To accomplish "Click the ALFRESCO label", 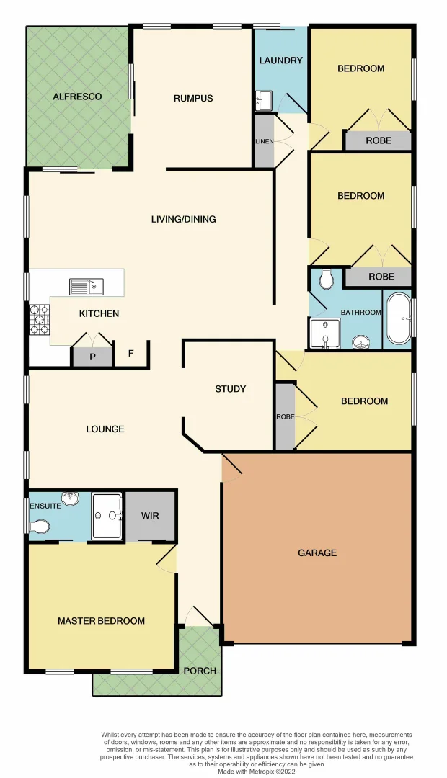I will click(x=77, y=97).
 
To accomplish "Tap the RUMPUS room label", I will click(x=193, y=98).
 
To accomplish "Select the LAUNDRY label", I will click(x=280, y=61).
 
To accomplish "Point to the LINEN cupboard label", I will click(x=264, y=141).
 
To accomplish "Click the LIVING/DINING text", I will click(x=183, y=219).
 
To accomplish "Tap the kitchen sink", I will click(x=87, y=287).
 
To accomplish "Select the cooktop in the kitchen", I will click(x=39, y=319).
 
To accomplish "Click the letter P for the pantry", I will click(x=92, y=357).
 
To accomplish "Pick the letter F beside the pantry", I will click(x=130, y=354).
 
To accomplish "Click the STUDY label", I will click(x=230, y=389).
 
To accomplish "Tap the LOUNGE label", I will click(x=105, y=429).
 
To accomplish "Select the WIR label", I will click(x=150, y=516).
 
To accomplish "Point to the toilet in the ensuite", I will click(x=40, y=527).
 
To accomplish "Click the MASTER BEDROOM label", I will click(x=101, y=621).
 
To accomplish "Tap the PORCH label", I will click(x=200, y=671).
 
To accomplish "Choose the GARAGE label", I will click(x=317, y=553).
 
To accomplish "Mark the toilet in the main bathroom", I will click(x=326, y=277).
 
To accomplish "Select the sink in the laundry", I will click(x=262, y=100).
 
